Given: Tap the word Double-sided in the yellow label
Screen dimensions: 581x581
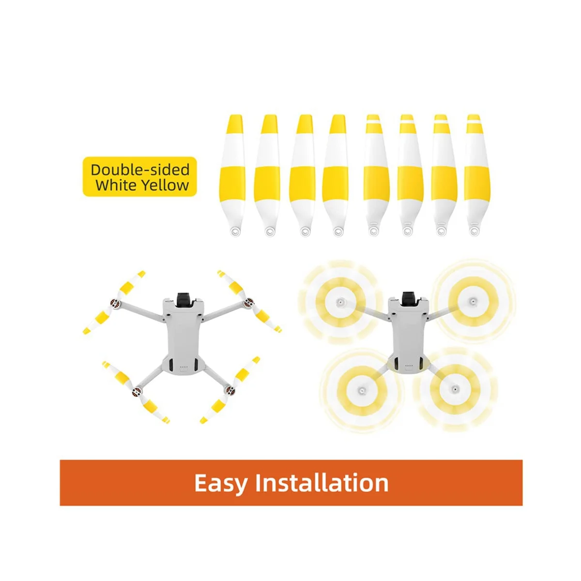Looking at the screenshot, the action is click(140, 170).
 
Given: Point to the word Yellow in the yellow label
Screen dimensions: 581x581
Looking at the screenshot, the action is click(164, 185).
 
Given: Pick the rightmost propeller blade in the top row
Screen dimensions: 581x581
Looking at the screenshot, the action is click(474, 174).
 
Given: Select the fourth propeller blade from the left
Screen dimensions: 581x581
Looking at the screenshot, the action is click(337, 174).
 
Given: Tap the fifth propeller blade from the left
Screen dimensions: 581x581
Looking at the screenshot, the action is click(373, 174).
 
